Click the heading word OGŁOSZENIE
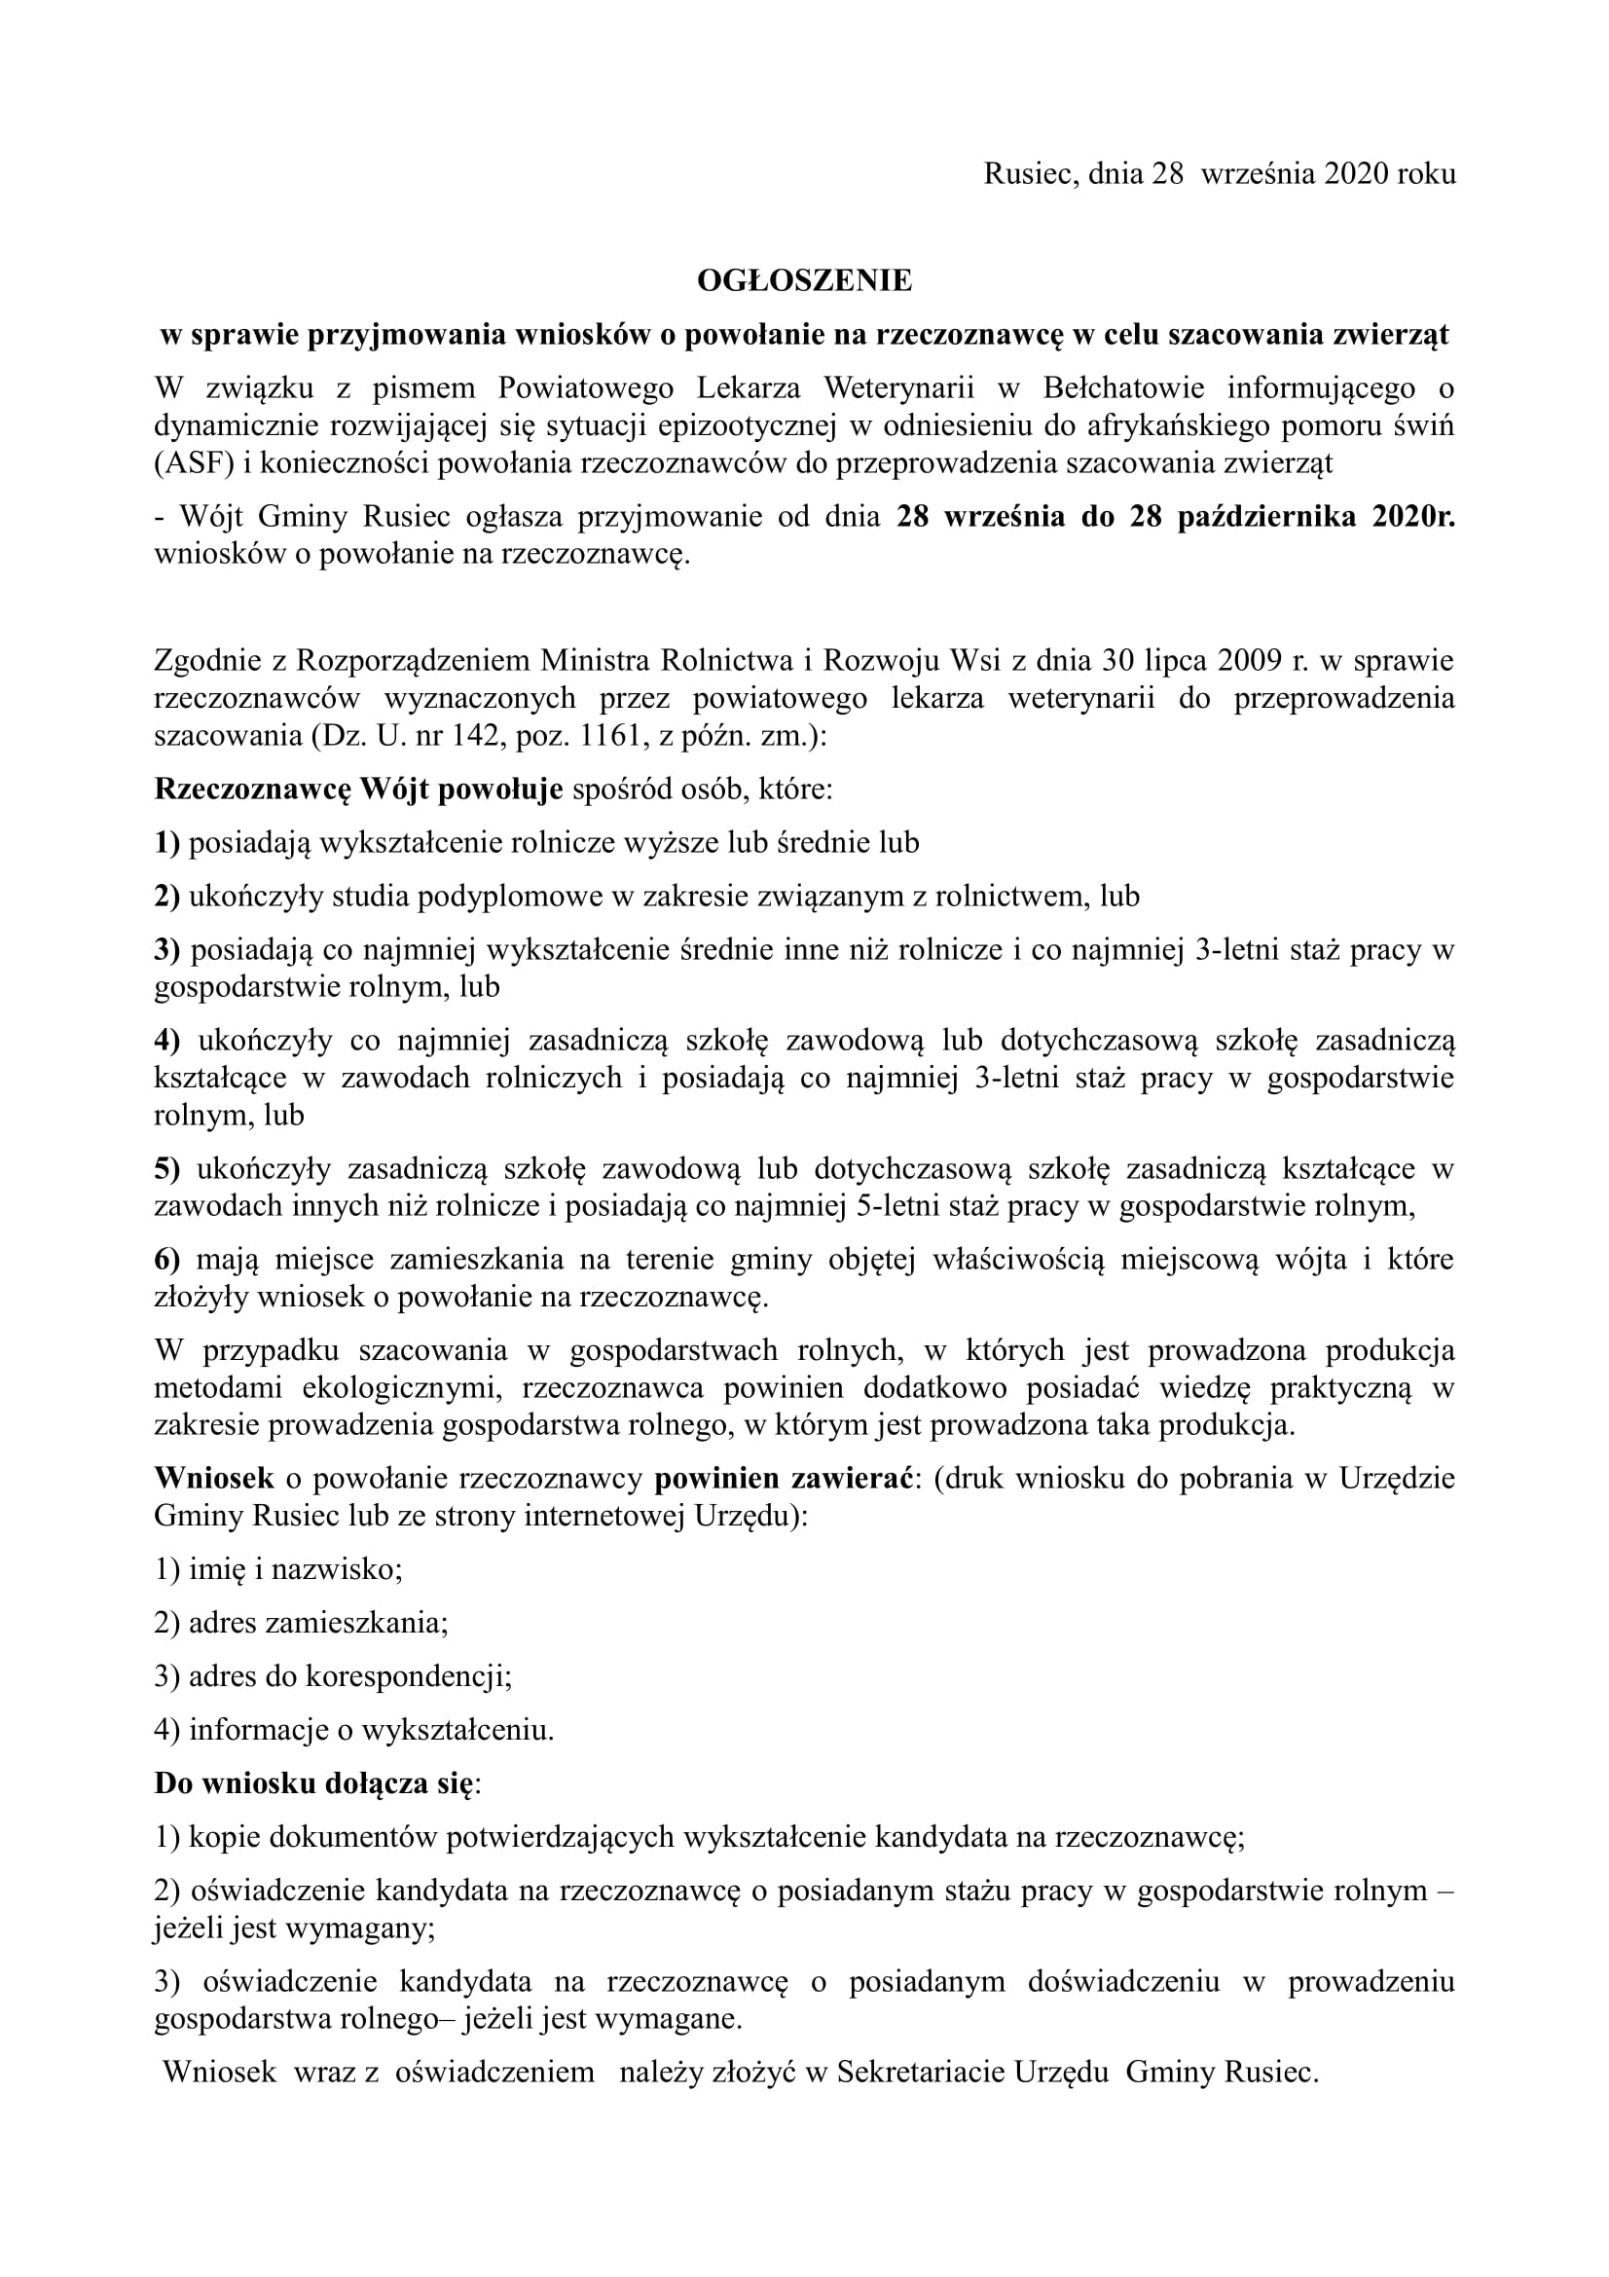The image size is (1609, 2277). tap(804, 280)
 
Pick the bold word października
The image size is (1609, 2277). tap(1266, 517)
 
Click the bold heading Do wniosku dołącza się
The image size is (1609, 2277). tap(314, 1783)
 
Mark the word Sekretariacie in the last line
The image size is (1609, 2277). tap(919, 2072)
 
